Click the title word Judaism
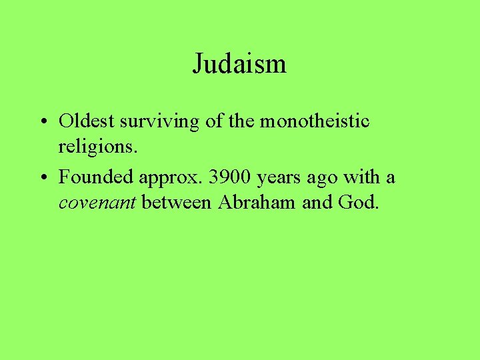239,64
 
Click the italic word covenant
97,203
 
